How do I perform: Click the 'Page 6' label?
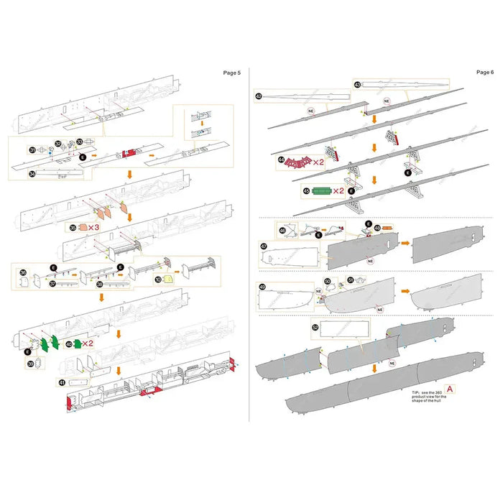(x=484, y=72)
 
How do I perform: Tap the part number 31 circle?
(x=32, y=149)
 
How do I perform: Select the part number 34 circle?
(x=32, y=173)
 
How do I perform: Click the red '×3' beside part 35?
(x=93, y=226)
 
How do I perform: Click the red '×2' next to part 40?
(x=87, y=343)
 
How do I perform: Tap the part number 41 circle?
(x=62, y=382)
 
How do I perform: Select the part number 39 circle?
(x=31, y=364)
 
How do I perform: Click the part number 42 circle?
(x=259, y=96)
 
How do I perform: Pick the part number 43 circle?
(x=357, y=84)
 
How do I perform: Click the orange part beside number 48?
(x=388, y=228)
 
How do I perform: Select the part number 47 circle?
(x=263, y=246)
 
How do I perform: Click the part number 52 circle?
(x=315, y=327)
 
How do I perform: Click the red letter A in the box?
(x=449, y=388)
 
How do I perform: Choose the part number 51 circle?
(x=351, y=280)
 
